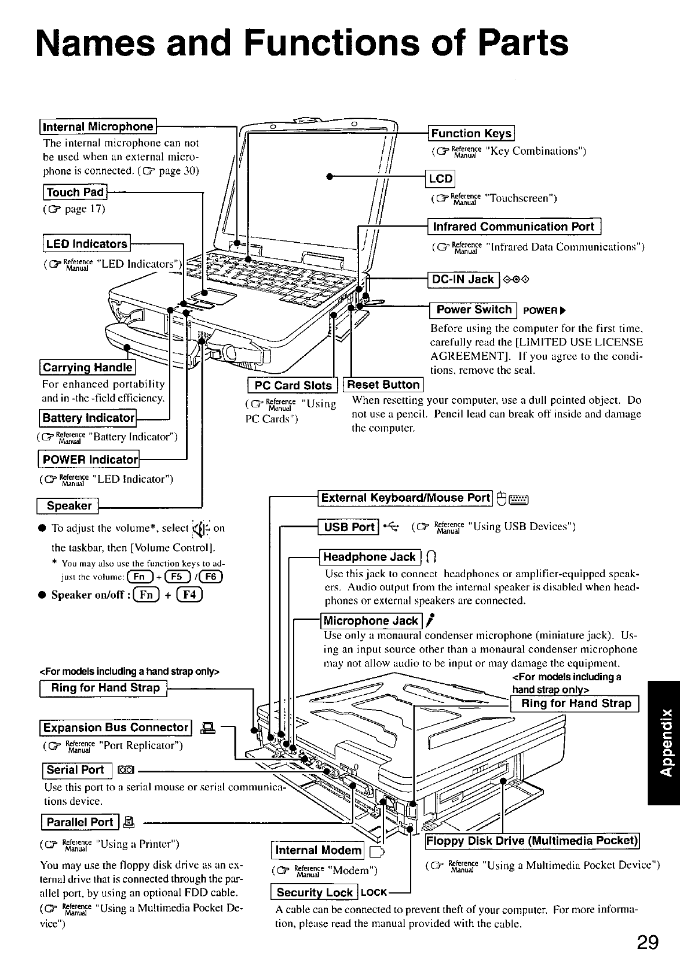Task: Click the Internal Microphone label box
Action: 98,127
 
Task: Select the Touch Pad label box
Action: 75,192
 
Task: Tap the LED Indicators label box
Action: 86,244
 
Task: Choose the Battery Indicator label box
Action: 87,418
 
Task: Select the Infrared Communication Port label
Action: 514,227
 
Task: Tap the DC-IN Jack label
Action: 463,279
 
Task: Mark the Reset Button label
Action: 383,385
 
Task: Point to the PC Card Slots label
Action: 293,385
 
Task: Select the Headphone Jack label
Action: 370,557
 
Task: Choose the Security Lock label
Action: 315,892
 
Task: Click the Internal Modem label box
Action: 318,850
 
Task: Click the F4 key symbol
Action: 191,595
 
